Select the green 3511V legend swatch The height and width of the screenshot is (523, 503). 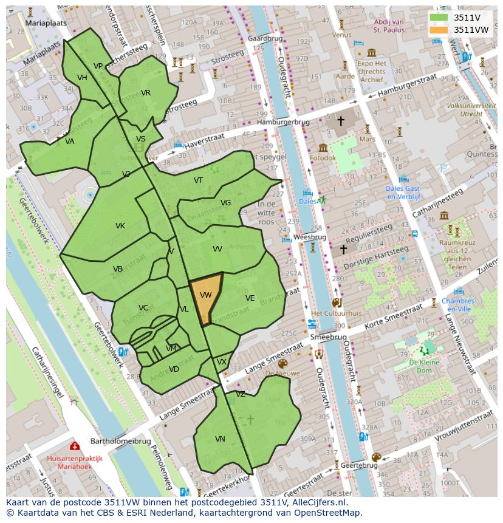[x=439, y=18]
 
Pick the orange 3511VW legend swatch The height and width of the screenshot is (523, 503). [x=439, y=30]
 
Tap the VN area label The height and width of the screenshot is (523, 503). [x=220, y=439]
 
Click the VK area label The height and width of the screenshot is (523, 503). [x=120, y=226]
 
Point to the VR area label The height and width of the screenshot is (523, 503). [x=146, y=93]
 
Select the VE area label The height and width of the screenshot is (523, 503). [x=250, y=298]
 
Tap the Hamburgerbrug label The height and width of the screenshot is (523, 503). [x=282, y=122]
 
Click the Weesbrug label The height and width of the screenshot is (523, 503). [x=310, y=237]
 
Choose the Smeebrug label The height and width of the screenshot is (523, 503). [x=327, y=337]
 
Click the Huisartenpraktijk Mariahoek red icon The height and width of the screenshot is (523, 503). [x=75, y=446]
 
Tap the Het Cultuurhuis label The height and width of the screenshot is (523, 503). [x=336, y=313]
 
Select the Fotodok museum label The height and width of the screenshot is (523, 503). [x=323, y=158]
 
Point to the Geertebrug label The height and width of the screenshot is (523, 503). [x=359, y=465]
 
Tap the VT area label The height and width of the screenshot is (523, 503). [x=199, y=180]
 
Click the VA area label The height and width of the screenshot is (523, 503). [x=70, y=142]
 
